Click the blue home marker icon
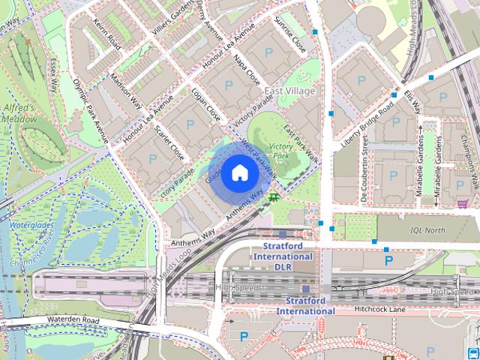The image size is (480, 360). tap(239, 173)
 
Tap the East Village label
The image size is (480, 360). tap(291, 91)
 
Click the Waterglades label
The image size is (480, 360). tap(28, 223)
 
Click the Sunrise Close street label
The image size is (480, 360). tap(291, 31)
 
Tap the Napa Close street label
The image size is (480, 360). tap(247, 68)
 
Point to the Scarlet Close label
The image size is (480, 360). tap(169, 141)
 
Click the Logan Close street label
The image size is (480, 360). tap(205, 106)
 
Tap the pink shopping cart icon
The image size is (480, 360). tap(463, 203)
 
